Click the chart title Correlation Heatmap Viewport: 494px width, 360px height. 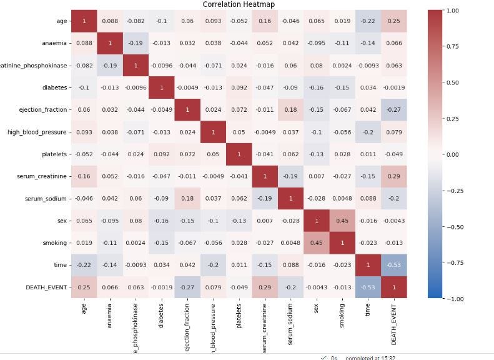point(238,4)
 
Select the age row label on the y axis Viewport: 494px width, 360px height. point(61,21)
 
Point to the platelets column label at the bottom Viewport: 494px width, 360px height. point(238,320)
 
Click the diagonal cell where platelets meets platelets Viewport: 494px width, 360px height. point(238,154)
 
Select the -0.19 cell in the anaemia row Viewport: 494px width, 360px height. point(136,44)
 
